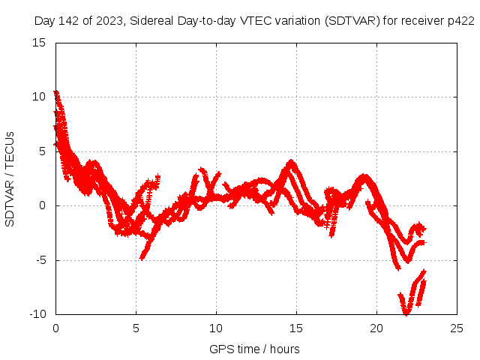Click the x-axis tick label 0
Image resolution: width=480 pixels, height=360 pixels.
click(x=55, y=328)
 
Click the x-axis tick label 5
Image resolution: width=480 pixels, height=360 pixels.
click(x=136, y=328)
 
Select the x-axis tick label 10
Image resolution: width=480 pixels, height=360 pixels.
click(x=216, y=328)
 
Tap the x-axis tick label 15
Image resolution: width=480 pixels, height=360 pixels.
click(x=296, y=328)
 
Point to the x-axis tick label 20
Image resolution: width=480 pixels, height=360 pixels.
click(x=376, y=328)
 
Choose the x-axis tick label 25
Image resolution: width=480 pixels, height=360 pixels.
click(x=457, y=328)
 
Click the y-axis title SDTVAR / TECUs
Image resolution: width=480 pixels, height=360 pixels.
click(x=10, y=178)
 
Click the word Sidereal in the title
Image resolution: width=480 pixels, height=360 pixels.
click(x=151, y=20)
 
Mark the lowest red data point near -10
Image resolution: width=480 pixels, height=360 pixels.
click(x=406, y=313)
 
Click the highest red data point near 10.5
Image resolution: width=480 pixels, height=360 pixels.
click(x=55, y=92)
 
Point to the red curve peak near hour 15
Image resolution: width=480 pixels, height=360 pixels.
click(x=291, y=161)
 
